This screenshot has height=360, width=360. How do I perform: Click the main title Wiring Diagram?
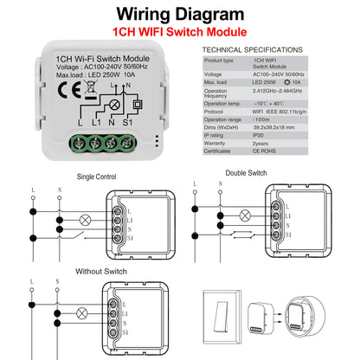tap(179, 15)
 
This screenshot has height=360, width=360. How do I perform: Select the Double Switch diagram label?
tap(246, 172)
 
